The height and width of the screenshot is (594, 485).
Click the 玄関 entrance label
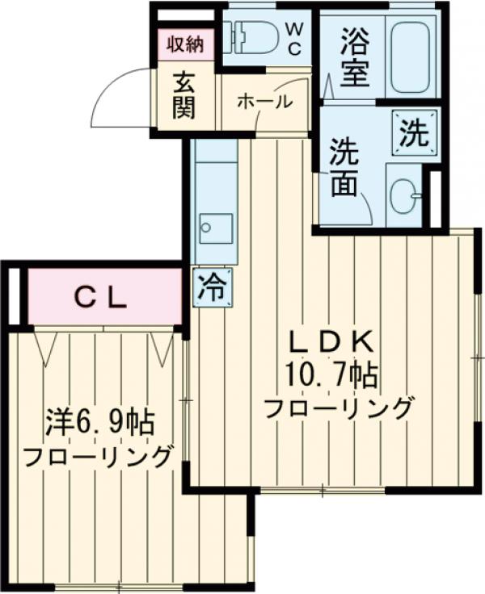click(x=185, y=94)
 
